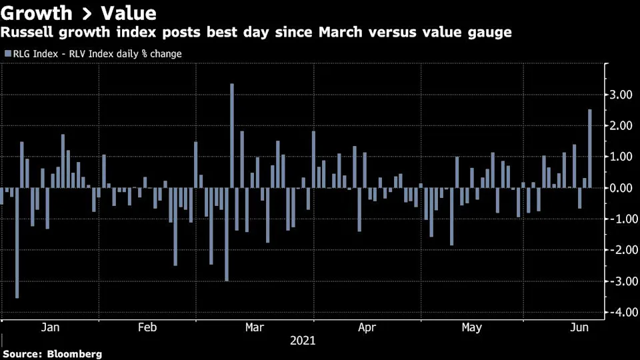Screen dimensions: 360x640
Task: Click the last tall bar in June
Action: [590, 148]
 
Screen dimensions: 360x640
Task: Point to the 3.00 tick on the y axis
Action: [621, 95]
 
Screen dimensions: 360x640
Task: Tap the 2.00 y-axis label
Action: [621, 126]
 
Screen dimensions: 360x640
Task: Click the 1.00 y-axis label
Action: [621, 157]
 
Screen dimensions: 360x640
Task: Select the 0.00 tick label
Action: [621, 188]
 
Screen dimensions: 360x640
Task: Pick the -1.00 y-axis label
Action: [619, 219]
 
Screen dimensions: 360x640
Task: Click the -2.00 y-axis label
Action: [619, 250]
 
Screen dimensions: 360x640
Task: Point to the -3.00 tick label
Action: [619, 281]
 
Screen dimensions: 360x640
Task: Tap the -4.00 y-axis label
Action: [619, 312]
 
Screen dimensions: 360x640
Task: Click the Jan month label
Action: [51, 327]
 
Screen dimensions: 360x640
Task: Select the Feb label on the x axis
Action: [147, 327]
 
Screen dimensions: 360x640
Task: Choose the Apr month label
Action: [367, 327]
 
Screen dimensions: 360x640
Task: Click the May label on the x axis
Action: [472, 327]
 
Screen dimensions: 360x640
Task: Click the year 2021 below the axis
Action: [303, 341]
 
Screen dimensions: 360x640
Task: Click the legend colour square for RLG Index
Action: [7, 54]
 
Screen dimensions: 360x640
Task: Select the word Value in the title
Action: [127, 13]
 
